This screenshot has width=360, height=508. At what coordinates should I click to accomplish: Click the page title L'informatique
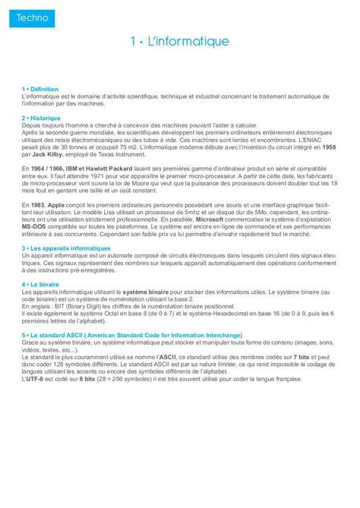(179, 41)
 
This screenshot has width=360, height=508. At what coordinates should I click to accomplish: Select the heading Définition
(44, 89)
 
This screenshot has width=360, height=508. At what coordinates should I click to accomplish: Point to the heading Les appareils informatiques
(67, 248)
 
